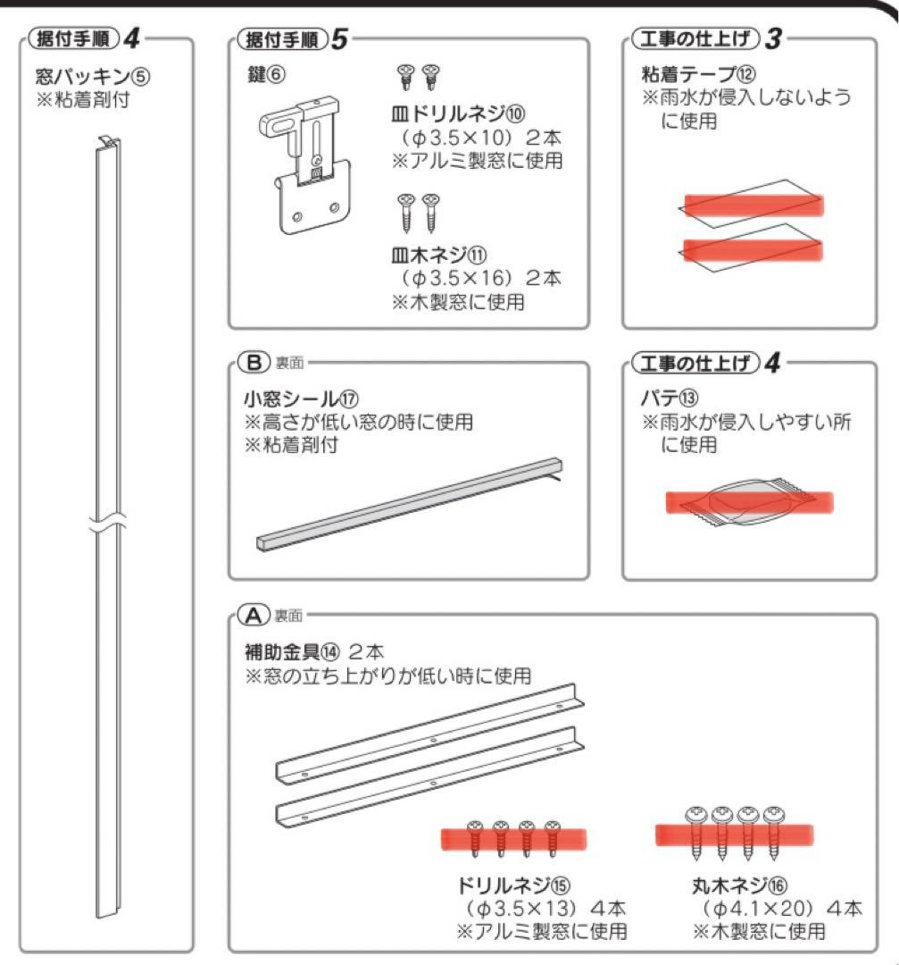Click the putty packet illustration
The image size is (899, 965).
749,502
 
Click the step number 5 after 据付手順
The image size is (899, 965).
338,41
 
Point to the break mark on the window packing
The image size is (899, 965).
106,528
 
